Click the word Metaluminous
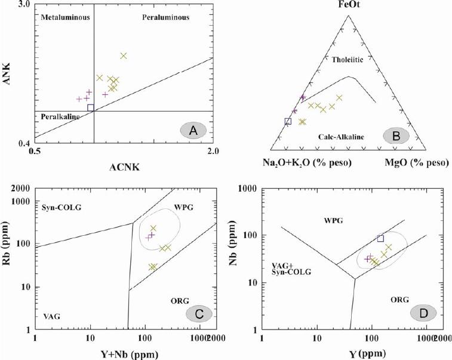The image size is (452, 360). tap(65, 17)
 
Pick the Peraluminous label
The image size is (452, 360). tap(165, 17)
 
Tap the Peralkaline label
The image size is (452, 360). tap(60, 116)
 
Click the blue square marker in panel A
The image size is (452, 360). tap(91, 108)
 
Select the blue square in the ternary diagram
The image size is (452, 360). tap(288, 121)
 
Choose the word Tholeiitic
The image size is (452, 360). tap(347, 59)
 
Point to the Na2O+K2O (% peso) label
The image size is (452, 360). tap(307, 163)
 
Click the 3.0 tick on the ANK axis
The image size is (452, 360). tap(23, 6)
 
